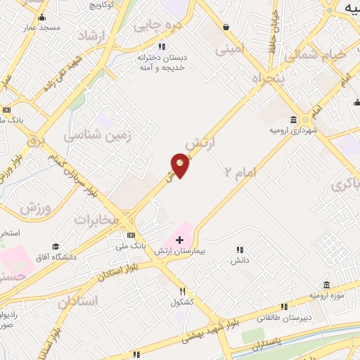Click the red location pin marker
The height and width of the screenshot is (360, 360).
(181, 165)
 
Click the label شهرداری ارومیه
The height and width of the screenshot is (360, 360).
(293, 130)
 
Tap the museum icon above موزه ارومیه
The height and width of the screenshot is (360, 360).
(326, 284)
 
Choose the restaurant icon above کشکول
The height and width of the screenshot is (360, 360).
(182, 291)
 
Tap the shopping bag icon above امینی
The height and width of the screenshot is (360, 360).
(226, 27)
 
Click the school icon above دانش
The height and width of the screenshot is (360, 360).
(240, 250)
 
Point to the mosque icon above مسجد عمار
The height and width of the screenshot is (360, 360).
(42, 17)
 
